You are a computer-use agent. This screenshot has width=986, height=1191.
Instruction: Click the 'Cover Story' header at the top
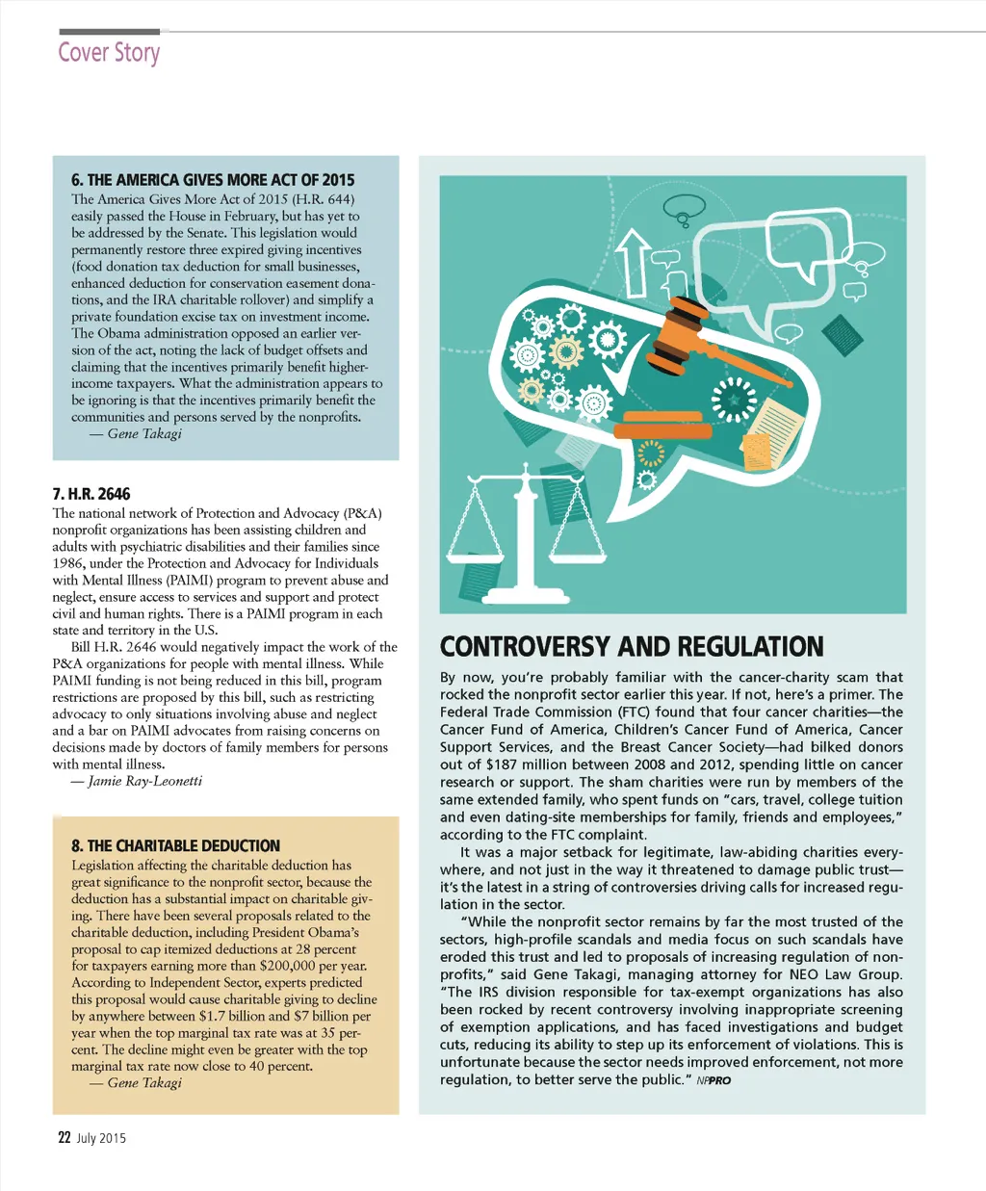point(109,52)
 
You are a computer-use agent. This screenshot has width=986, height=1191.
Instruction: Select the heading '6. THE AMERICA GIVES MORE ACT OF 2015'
point(213,180)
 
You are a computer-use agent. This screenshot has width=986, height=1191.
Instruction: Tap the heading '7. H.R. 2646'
point(91,494)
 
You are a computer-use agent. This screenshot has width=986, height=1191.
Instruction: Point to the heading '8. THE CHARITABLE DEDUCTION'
point(175,845)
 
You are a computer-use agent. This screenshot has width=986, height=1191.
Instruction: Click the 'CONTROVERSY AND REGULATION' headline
point(632,646)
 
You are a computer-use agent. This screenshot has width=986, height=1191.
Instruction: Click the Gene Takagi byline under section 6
point(144,434)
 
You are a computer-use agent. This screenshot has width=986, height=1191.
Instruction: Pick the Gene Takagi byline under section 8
point(144,1083)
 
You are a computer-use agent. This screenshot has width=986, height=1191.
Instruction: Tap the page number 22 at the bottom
point(65,1137)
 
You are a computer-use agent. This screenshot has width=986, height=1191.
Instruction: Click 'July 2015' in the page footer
point(101,1138)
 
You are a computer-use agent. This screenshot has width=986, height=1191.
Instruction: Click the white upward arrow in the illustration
point(632,260)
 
